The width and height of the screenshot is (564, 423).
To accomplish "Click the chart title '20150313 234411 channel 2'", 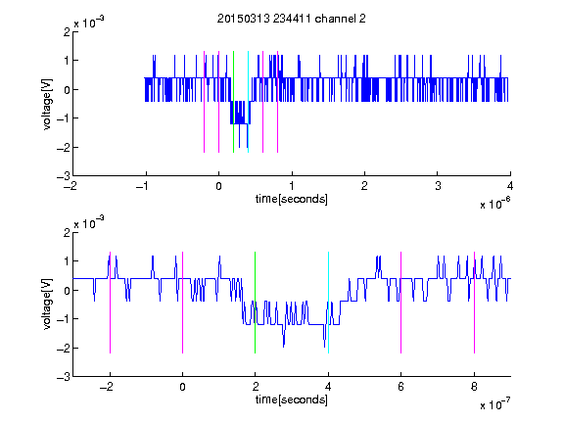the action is (292, 19).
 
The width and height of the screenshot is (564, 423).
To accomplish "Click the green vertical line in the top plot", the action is (233, 102).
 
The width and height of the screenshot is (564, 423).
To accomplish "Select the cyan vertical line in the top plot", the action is (248, 102).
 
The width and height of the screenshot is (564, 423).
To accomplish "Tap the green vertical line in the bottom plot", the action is (255, 303).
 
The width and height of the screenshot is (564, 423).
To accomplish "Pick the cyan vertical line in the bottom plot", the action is (328, 303).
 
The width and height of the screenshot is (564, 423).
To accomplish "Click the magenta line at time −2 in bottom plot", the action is (110, 303).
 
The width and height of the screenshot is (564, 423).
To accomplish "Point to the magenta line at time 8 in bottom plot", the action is (474, 303).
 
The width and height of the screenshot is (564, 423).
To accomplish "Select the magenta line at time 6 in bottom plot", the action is (401, 303).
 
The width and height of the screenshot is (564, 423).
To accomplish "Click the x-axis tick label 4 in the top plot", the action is (510, 186).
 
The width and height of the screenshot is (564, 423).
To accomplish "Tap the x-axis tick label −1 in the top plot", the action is (142, 186).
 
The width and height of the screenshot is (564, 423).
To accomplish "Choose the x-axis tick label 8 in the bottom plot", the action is (474, 387).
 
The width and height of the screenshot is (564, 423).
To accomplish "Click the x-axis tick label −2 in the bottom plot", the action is (107, 387).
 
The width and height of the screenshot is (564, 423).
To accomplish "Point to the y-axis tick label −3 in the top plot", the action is (64, 176).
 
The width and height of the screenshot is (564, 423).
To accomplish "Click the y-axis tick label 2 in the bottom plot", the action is (67, 232).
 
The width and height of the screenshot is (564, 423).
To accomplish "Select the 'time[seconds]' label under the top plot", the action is (292, 199).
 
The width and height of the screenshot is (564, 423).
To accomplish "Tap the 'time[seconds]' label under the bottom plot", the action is (292, 399).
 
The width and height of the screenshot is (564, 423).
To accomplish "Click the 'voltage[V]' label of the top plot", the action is (47, 104).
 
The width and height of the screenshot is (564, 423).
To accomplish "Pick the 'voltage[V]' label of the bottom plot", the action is (47, 304).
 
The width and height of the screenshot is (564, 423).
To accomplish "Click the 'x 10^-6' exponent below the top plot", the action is (494, 204).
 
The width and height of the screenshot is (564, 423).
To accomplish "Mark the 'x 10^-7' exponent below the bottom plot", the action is (494, 404).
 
